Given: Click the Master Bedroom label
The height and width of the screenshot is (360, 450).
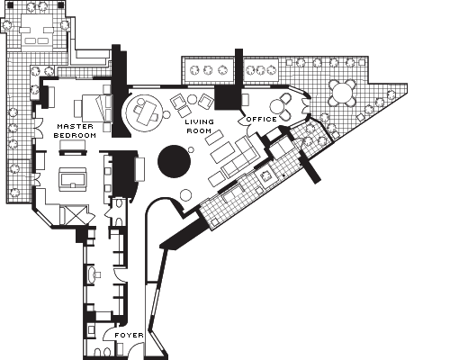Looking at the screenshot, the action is click(75, 130).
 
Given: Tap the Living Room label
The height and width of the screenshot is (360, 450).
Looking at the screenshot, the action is click(200, 126).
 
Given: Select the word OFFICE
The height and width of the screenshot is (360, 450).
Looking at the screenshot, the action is click(261, 120).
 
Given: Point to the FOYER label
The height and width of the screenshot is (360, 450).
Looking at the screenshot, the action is click(129, 335).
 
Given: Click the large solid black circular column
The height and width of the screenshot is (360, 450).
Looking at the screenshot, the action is click(174, 161).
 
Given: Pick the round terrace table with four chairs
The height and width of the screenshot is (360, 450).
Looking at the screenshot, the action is click(341, 92).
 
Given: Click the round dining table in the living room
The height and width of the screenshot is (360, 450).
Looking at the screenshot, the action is click(144, 112).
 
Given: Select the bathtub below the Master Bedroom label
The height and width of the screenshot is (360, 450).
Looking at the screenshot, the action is click(73, 179).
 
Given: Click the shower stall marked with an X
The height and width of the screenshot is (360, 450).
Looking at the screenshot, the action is click(76, 215).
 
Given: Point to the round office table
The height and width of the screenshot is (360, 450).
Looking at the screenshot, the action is click(276, 106).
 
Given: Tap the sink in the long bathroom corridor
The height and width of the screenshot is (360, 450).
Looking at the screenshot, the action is click(93, 274).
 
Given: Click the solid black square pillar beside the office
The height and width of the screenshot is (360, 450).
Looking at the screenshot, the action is click(228, 97).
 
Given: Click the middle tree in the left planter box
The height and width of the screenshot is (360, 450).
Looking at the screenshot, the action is click(208, 70).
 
